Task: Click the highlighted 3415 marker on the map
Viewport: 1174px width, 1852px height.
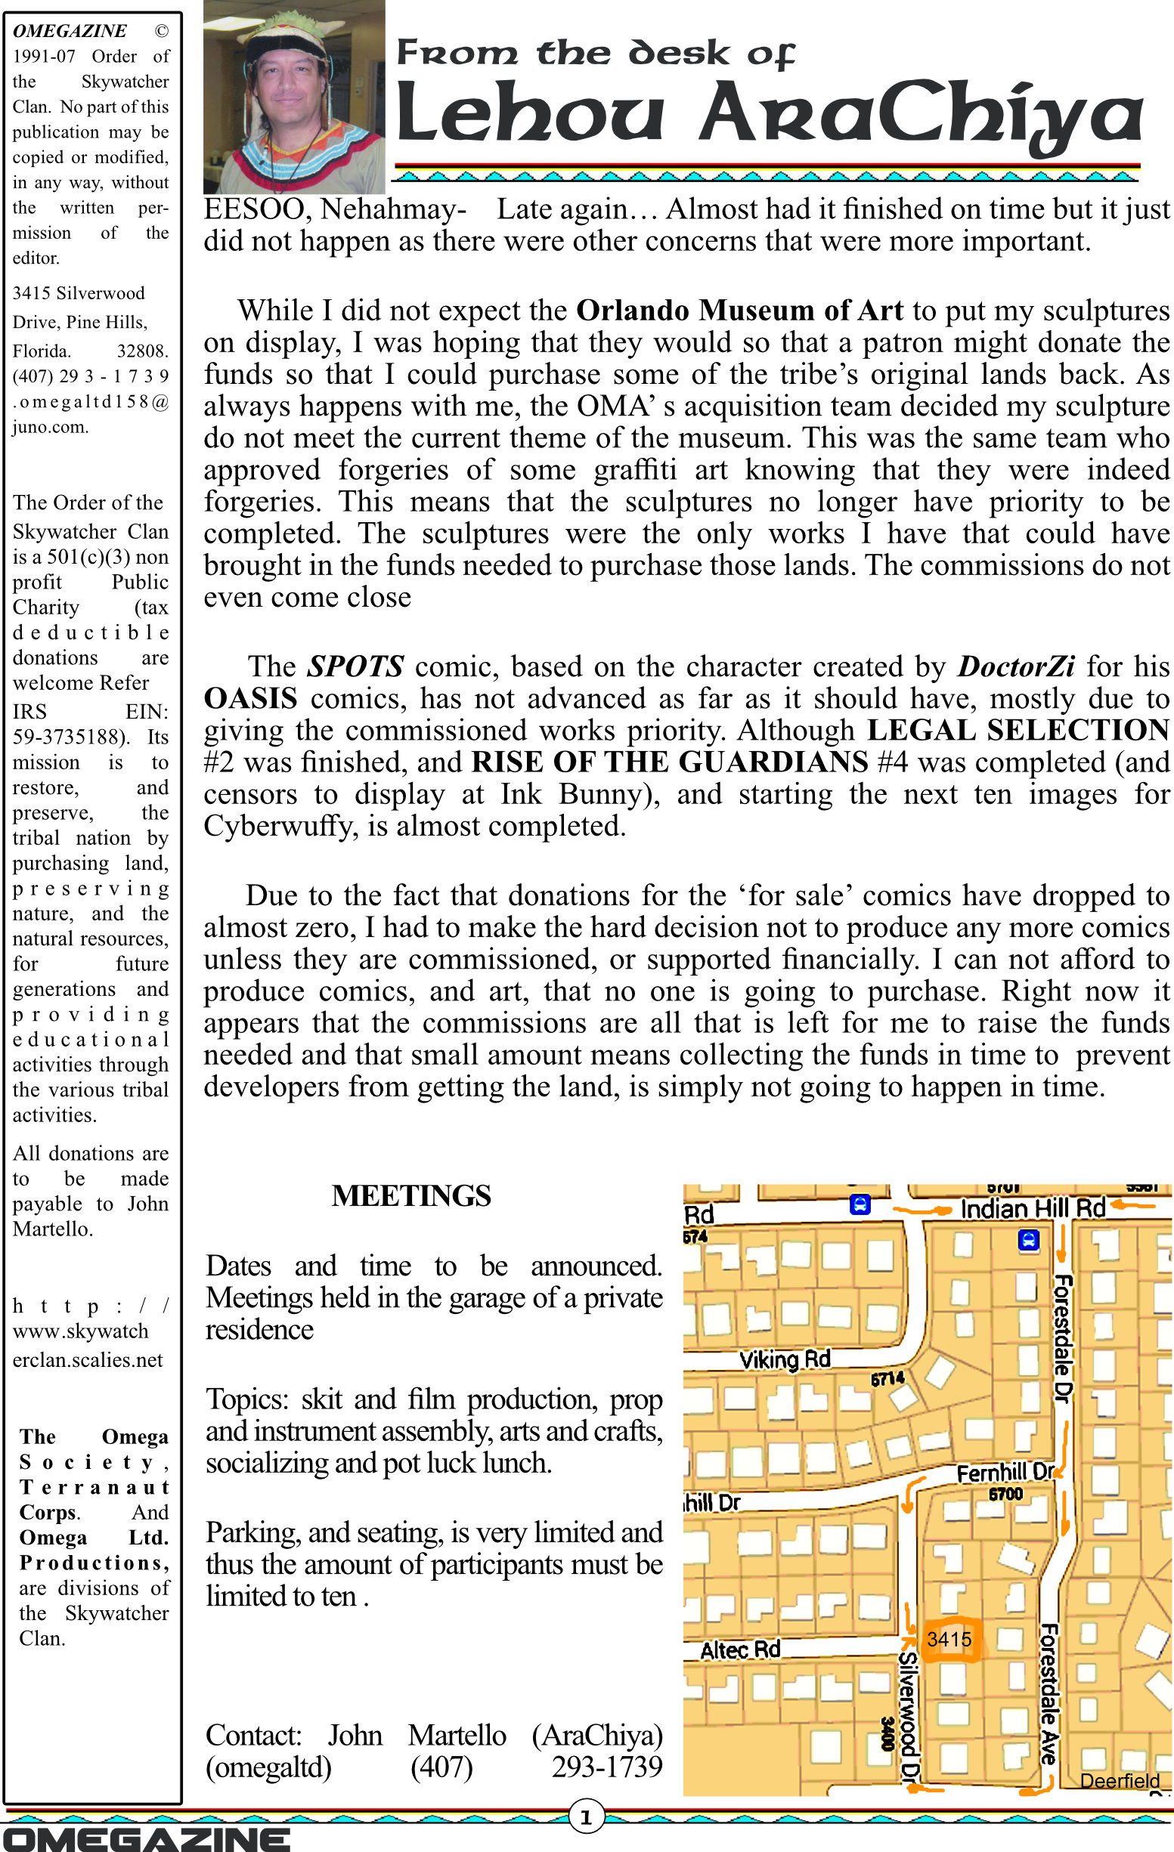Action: point(950,1639)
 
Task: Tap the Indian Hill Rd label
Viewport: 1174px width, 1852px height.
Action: point(1033,1209)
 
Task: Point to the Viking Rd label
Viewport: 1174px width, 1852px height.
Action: point(785,1360)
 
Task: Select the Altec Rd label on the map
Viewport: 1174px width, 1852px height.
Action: point(740,1649)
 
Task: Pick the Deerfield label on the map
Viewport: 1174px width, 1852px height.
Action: point(1120,1780)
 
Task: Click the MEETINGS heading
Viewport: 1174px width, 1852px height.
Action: point(410,1196)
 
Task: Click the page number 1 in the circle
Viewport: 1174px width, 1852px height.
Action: point(586,1817)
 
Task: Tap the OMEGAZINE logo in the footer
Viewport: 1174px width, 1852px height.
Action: point(146,1839)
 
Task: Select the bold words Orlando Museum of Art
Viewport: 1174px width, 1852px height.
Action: point(739,310)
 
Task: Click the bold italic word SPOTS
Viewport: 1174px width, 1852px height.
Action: point(355,666)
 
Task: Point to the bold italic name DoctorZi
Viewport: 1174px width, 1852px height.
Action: point(1015,666)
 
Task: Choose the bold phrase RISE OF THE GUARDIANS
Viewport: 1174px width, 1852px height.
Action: point(669,762)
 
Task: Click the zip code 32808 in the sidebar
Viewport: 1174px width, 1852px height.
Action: point(142,351)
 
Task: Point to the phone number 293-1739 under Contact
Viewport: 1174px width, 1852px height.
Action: point(606,1767)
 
